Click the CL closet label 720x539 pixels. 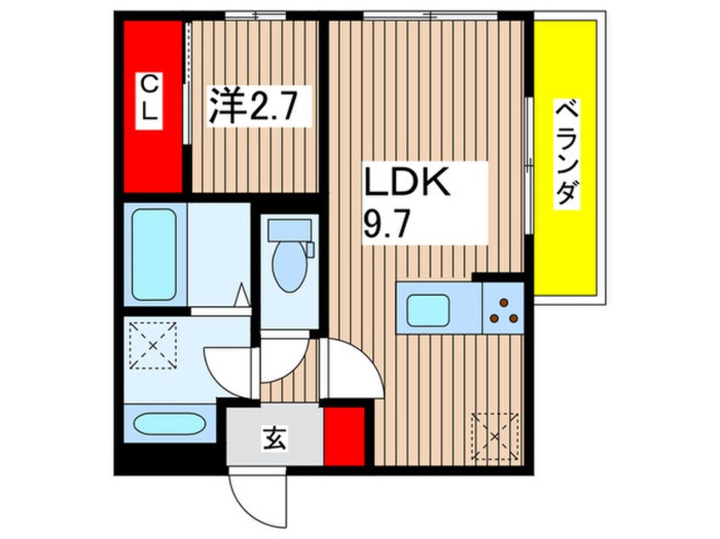click(x=149, y=99)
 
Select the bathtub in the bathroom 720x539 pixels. click(x=154, y=253)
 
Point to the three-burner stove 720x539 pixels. click(x=502, y=310)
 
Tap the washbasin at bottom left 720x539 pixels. click(x=169, y=423)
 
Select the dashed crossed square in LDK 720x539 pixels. click(x=495, y=435)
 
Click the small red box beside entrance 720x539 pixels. click(x=344, y=436)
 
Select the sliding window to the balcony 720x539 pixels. click(x=529, y=162)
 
